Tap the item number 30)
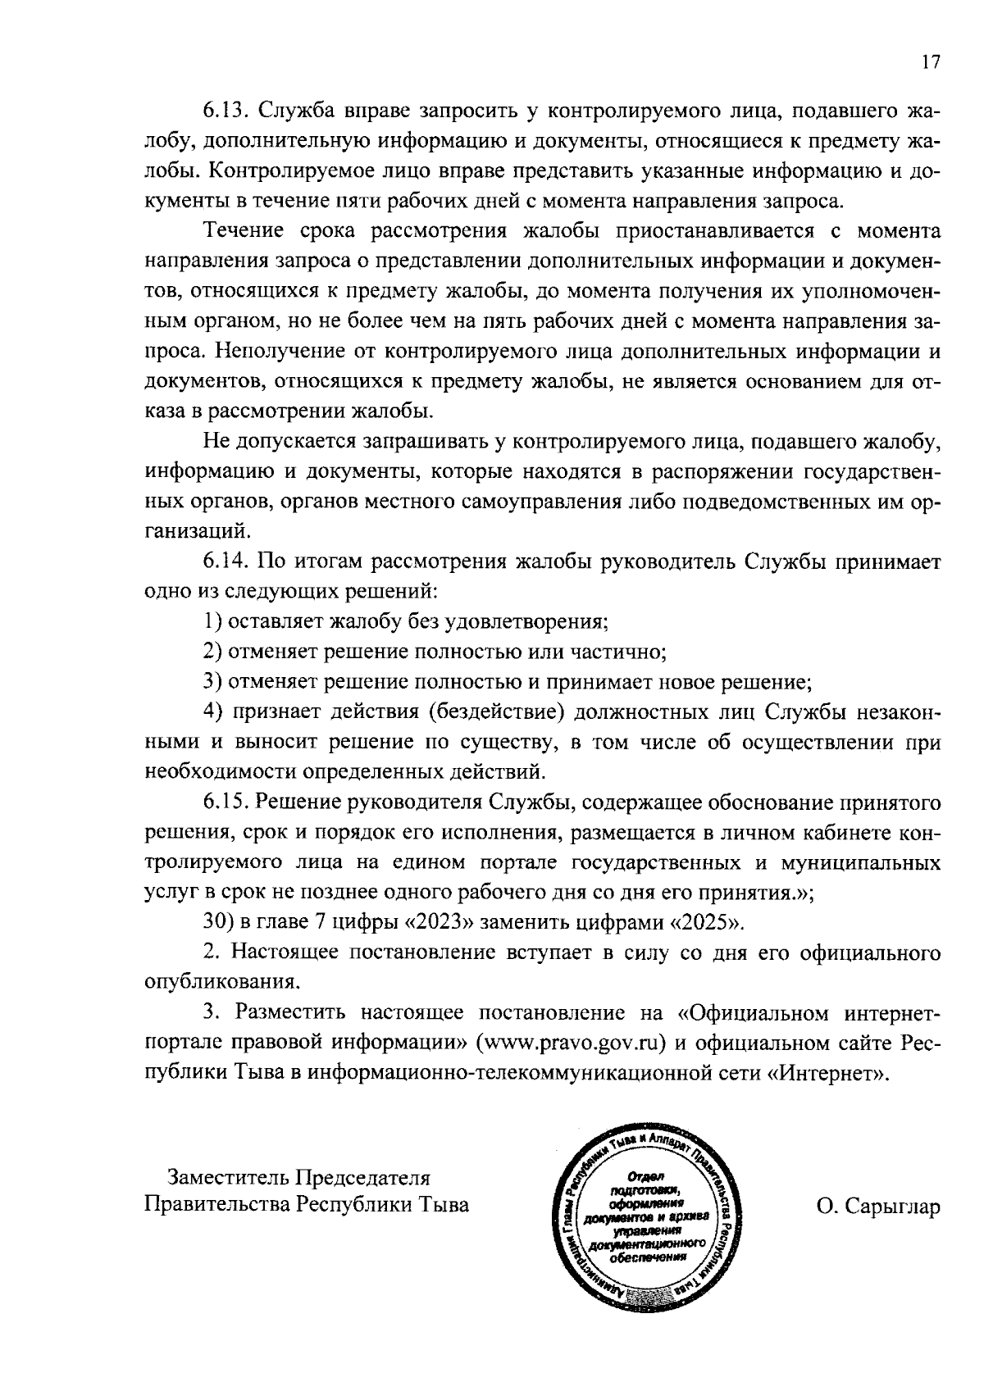pyautogui.click(x=220, y=921)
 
